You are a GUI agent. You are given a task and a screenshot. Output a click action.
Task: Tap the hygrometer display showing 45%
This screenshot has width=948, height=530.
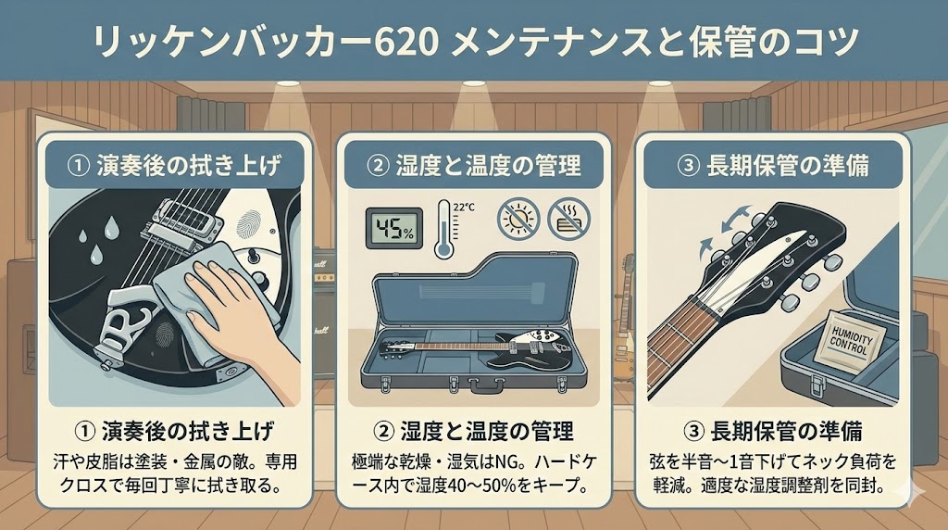390,228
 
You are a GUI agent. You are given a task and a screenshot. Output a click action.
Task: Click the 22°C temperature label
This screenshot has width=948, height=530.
464,207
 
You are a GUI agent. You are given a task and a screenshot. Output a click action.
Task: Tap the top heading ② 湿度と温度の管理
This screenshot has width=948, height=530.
473,166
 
